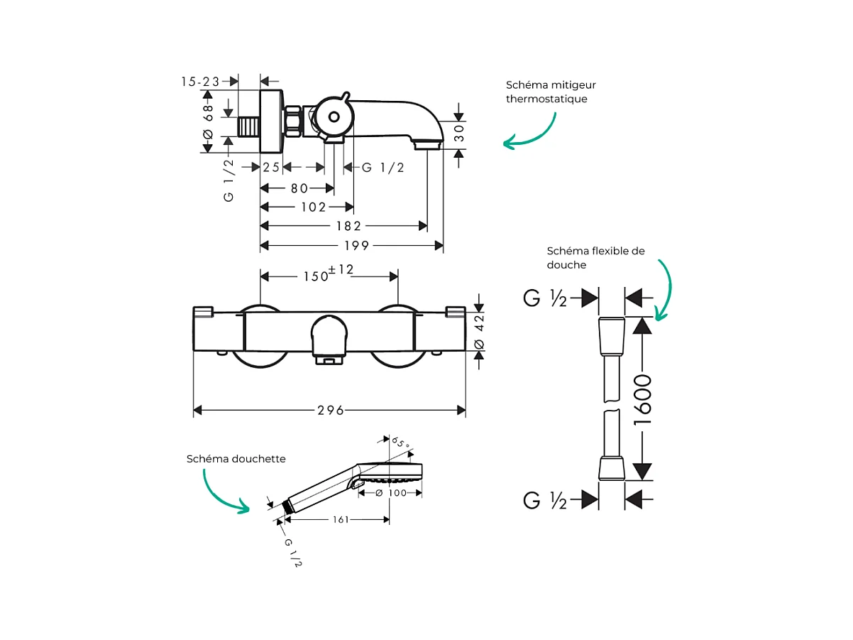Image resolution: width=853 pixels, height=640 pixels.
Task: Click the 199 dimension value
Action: (356, 246)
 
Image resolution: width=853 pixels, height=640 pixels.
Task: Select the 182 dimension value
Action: (348, 227)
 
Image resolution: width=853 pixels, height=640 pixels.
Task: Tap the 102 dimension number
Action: (312, 207)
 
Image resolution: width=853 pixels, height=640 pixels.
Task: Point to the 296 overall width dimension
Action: (330, 411)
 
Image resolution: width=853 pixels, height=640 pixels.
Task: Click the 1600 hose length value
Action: (642, 400)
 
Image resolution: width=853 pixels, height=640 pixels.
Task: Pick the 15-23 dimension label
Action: (200, 82)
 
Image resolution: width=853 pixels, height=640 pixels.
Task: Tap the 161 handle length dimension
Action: (341, 520)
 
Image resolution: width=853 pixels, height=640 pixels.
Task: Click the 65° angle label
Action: (402, 444)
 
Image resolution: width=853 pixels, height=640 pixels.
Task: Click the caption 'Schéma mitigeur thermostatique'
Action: (546, 92)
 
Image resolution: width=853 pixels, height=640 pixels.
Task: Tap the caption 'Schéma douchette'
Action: (236, 459)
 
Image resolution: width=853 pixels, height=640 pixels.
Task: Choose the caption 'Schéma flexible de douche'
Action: (596, 257)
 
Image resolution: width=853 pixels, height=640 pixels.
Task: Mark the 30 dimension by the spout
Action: (459, 134)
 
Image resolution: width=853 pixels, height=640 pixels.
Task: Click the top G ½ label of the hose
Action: (545, 298)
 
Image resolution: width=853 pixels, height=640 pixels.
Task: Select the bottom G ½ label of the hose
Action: (545, 500)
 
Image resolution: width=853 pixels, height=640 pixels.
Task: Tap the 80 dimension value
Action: (299, 188)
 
